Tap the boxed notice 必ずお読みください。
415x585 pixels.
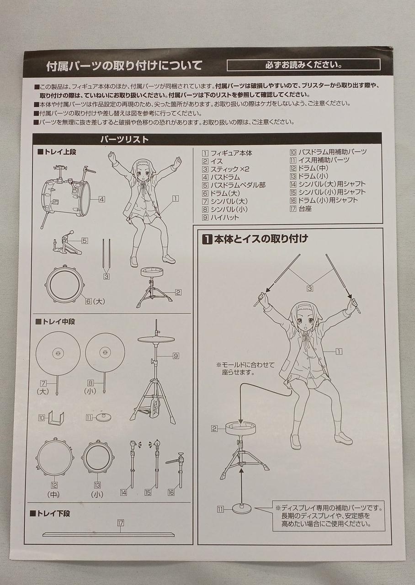[x=303, y=65]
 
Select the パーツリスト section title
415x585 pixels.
[x=124, y=140]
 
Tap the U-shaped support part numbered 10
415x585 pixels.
[x=56, y=419]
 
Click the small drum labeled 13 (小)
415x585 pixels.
[x=98, y=457]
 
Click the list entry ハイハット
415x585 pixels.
[x=224, y=217]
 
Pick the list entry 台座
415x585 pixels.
[x=305, y=209]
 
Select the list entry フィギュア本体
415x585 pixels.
[x=231, y=153]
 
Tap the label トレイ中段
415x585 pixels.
[x=55, y=321]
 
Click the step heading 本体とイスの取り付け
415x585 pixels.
[x=261, y=239]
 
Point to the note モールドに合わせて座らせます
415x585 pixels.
[x=246, y=368]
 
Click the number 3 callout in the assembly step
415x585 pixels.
[x=310, y=288]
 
